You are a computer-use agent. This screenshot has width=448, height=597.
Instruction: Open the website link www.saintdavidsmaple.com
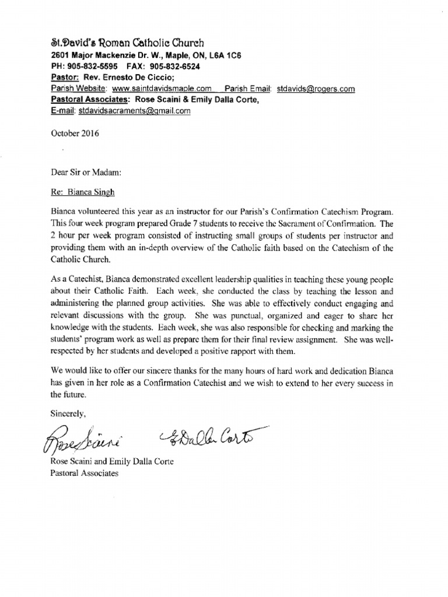click(x=162, y=89)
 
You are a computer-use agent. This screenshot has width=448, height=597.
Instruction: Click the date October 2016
click(x=75, y=132)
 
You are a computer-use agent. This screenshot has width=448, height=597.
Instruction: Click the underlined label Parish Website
click(x=78, y=89)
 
